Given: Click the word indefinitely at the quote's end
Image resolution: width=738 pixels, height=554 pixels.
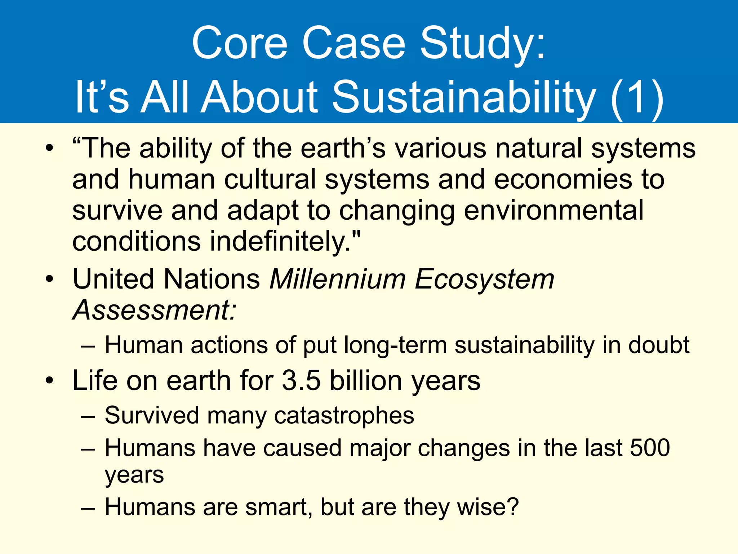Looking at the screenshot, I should coord(279,242).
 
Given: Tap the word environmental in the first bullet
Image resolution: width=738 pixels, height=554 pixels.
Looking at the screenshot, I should coord(553,211).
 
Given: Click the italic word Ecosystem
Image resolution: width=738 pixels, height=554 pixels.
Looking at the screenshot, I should coord(484,280).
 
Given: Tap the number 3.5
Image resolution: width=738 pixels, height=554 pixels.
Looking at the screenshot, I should coord(301,381).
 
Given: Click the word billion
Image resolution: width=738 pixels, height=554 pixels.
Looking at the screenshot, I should coord(366,381).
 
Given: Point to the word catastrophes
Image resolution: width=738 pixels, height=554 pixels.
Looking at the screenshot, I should coord(344,416).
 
